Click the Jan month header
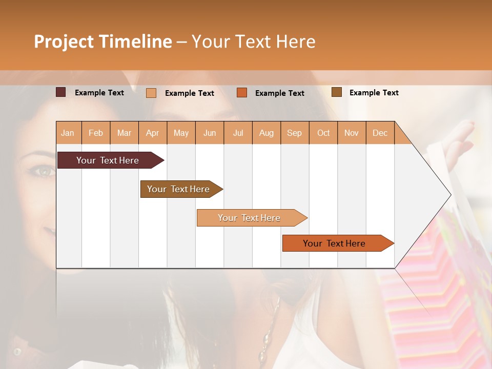coord(68,133)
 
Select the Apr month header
coord(153,133)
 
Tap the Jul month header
coord(238,133)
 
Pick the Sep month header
coord(294,133)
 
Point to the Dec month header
coord(380,133)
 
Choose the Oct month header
coord(323,133)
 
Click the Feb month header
coord(96,133)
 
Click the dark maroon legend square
coord(60,92)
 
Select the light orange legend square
coord(151,93)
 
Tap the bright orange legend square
coord(242,93)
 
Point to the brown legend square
coord(336,92)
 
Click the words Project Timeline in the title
coord(102,42)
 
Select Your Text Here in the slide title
coord(253,42)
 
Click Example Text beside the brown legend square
coord(374,92)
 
